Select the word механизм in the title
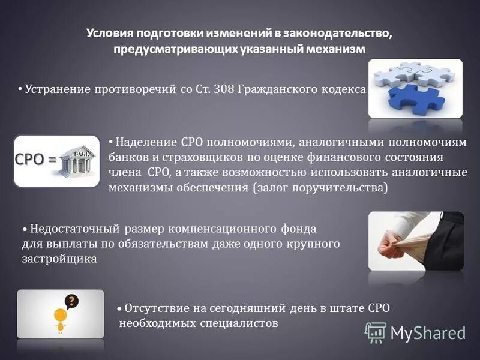(332, 49)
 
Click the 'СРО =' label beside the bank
(35, 160)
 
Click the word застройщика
(59, 259)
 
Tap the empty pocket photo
(415, 240)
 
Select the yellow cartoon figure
(59, 319)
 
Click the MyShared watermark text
(428, 333)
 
